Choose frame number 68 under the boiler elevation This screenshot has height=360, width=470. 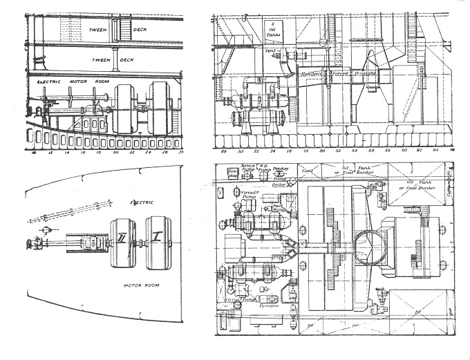click(x=223, y=150)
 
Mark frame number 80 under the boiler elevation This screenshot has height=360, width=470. click(x=321, y=150)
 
